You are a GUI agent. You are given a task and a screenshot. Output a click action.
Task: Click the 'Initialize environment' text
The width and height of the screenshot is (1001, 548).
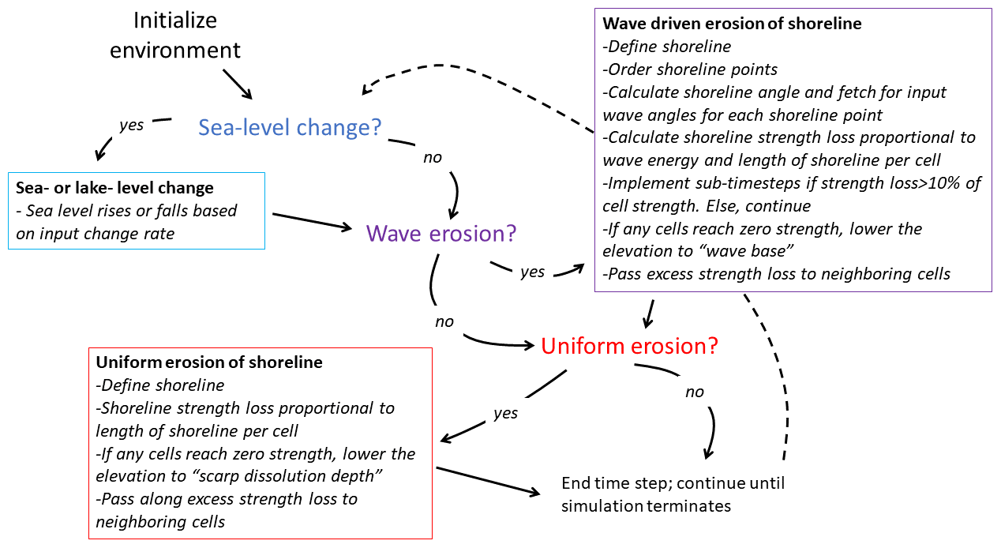pos(174,35)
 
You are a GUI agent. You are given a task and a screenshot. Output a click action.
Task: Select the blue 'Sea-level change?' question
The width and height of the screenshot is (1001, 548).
pos(290,127)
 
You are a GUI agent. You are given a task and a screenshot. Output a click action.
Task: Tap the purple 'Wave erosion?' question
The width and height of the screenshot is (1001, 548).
pos(441,233)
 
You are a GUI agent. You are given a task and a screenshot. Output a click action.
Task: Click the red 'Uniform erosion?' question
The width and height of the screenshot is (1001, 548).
pos(628,345)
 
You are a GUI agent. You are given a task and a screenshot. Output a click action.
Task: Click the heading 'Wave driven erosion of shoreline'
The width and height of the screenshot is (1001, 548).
pos(732,24)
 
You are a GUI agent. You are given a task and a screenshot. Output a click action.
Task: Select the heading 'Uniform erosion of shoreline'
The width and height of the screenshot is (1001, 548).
pos(208,362)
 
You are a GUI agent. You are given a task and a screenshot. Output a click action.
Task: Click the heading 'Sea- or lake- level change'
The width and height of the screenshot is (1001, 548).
pos(114,188)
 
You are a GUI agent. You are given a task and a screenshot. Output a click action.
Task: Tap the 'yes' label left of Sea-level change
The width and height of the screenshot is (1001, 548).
pos(131,125)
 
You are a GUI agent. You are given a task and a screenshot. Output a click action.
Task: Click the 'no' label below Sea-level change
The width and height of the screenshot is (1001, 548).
pos(432,158)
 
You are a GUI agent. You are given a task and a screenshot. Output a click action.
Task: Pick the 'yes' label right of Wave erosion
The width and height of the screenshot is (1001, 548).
pos(532,272)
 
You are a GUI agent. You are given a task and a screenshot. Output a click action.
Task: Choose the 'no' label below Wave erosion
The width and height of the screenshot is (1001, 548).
pos(444,321)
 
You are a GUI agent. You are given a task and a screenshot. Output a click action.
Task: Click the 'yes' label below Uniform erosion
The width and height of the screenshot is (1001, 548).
pos(505,412)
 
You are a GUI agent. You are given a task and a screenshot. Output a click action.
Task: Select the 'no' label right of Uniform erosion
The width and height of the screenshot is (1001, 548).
pos(694,392)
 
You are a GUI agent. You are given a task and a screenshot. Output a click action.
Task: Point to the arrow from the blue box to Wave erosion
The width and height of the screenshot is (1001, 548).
pos(312,221)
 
